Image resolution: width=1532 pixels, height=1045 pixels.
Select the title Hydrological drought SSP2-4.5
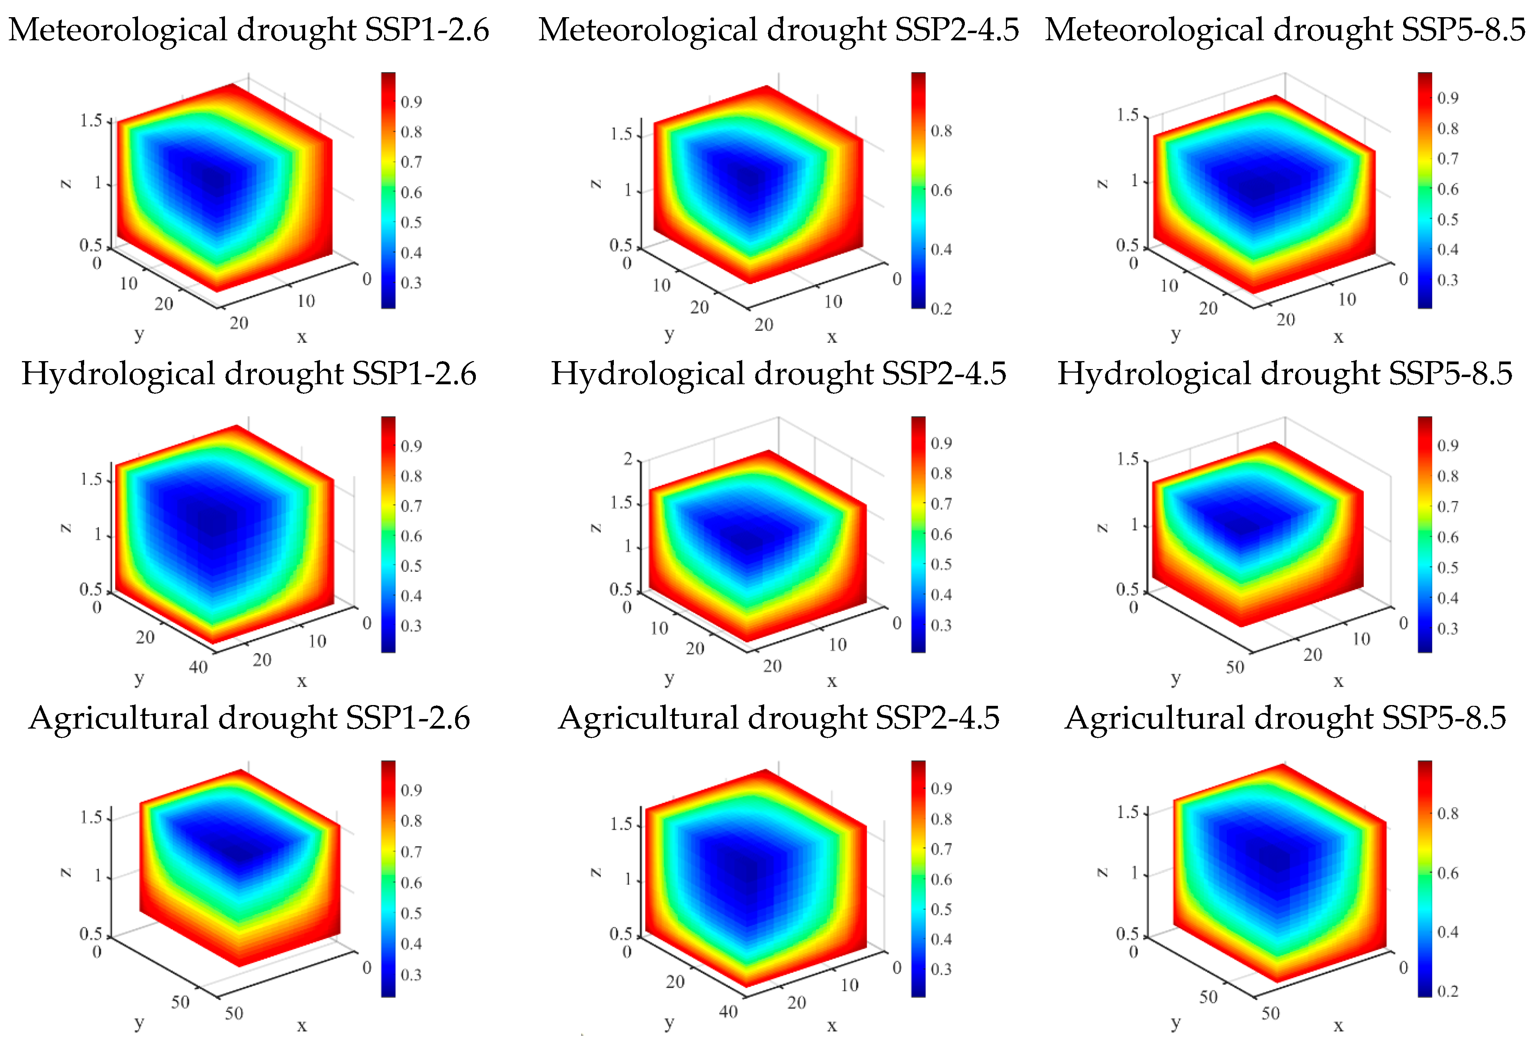click(779, 374)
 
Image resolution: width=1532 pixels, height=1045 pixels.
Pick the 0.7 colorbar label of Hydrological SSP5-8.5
click(1447, 506)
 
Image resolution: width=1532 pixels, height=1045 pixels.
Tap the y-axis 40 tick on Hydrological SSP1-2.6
click(198, 667)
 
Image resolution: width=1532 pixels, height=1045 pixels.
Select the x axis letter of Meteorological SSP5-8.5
click(1338, 337)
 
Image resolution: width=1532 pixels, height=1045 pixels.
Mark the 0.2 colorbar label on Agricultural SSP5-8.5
click(1447, 991)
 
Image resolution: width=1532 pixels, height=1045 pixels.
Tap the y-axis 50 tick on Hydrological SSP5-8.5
click(1235, 667)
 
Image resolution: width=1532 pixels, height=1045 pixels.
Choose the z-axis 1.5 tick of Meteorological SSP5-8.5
click(1127, 115)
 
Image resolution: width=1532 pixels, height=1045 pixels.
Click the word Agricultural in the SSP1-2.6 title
click(117, 718)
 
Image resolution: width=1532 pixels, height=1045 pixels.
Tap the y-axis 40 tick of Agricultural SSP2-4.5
click(728, 1011)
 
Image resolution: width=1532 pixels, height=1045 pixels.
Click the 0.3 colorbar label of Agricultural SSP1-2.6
click(411, 974)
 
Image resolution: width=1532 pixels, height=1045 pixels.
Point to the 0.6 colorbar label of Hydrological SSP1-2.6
click(411, 536)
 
